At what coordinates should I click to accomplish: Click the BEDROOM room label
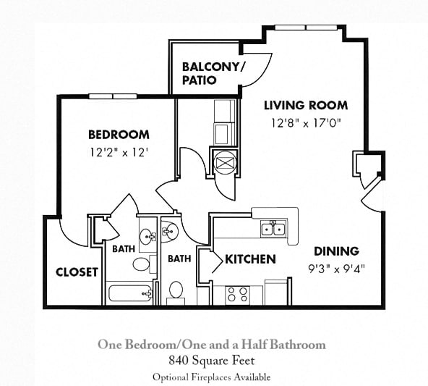tap(119, 135)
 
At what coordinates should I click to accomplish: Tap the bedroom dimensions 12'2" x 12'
tap(119, 153)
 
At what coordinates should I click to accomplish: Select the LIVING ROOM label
tap(305, 105)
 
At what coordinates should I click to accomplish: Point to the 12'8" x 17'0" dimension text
tap(305, 123)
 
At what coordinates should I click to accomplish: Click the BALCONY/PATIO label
tap(213, 73)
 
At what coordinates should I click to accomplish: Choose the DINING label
tap(336, 251)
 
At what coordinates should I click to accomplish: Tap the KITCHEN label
tap(249, 259)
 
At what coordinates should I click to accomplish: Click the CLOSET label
tap(77, 272)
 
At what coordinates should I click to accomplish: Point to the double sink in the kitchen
tap(274, 230)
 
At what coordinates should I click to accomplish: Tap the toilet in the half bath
tap(176, 291)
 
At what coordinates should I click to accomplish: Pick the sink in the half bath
tap(171, 231)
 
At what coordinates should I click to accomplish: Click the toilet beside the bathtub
tap(143, 263)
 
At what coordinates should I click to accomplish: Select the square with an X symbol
tap(223, 160)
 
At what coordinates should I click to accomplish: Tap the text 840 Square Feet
tap(211, 360)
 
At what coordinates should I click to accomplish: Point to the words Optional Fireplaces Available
tap(211, 377)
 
